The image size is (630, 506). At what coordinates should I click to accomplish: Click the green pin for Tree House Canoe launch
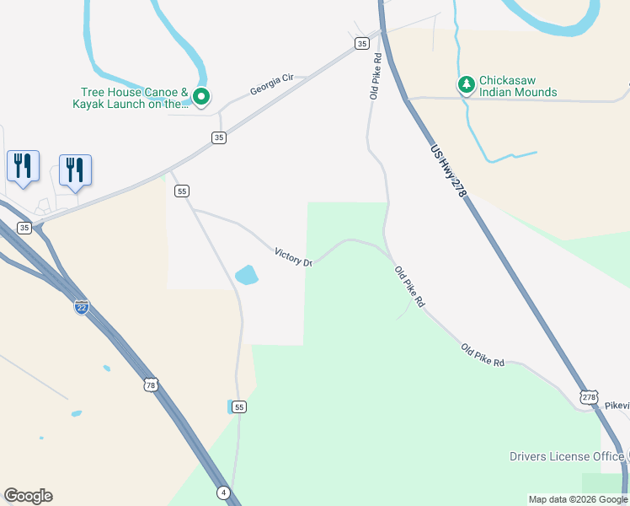(x=201, y=98)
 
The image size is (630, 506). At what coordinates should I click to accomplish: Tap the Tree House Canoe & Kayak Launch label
(x=135, y=98)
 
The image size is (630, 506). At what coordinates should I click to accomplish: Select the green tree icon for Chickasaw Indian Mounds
(x=466, y=84)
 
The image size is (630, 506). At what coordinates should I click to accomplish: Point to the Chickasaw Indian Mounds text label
(x=518, y=87)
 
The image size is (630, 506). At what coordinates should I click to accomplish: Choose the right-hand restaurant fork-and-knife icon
(x=75, y=170)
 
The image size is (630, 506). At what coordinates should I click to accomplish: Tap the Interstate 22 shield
(x=81, y=308)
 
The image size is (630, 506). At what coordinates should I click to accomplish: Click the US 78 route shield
(x=150, y=385)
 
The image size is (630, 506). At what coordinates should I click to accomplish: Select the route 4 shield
(x=223, y=493)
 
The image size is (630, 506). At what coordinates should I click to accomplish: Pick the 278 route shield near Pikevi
(x=589, y=396)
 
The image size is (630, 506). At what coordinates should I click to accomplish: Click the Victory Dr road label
(x=293, y=257)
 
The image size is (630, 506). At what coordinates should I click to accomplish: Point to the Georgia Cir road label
(x=271, y=84)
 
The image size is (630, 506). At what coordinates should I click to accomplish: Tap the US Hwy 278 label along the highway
(x=448, y=171)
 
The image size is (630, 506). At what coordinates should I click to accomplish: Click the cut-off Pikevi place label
(x=617, y=406)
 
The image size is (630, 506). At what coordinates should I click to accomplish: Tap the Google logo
(x=28, y=496)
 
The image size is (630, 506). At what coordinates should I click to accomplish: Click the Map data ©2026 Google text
(x=578, y=499)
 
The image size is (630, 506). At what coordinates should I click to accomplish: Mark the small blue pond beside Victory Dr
(x=246, y=274)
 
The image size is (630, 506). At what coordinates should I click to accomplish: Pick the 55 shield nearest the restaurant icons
(x=182, y=191)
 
